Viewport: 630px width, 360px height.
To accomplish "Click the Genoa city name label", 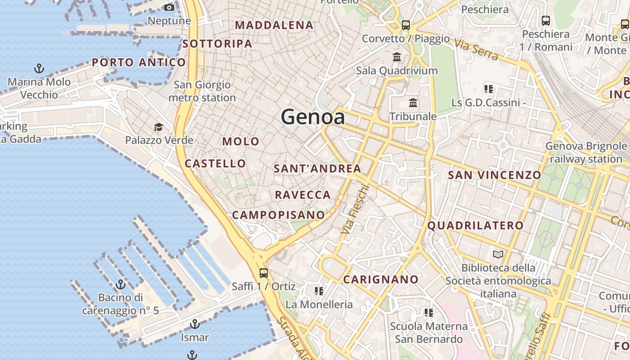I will tap(313, 117).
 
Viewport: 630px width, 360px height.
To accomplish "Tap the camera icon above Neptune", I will tap(169, 7).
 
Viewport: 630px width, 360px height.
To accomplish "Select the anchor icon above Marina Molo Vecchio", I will tap(39, 68).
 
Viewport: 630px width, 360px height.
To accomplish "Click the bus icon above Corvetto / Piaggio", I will tap(406, 25).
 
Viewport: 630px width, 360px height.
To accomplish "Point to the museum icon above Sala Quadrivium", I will tap(397, 57).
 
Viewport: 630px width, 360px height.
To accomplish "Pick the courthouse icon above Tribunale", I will tap(413, 103).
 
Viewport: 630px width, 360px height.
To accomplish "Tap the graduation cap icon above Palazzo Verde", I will tap(158, 127).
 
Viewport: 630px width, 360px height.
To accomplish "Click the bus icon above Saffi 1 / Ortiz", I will tap(264, 273).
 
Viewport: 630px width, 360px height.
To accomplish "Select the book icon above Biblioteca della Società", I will tap(498, 255).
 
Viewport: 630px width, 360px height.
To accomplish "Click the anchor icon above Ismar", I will tap(195, 324).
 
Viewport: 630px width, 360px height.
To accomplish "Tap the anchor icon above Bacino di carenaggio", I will tap(120, 284).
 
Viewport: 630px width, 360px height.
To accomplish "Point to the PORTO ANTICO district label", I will tap(139, 63).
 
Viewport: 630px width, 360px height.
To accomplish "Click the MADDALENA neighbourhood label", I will tap(274, 25).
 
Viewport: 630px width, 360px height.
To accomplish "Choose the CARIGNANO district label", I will tap(381, 279).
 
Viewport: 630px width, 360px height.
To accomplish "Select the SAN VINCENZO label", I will tap(495, 175).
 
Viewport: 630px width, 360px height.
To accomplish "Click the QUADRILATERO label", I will tap(475, 225).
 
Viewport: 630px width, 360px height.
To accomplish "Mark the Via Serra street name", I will tap(476, 49).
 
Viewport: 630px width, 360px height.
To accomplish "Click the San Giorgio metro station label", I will tap(202, 91).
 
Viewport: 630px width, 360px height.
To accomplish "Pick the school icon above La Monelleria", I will tap(319, 291).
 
